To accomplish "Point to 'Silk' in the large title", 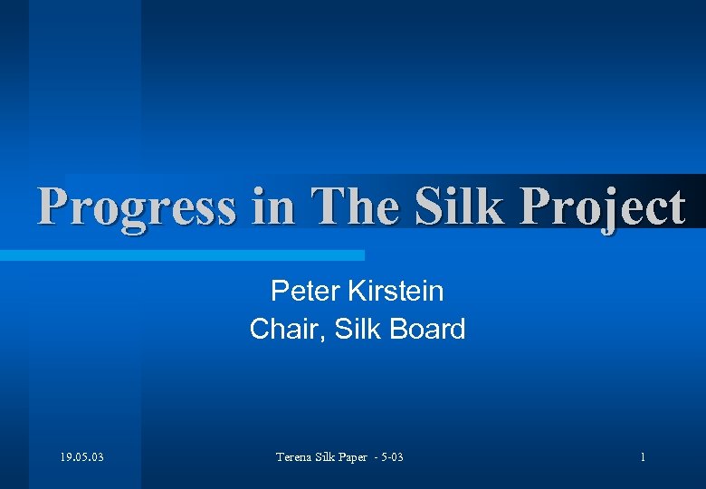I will [x=460, y=207].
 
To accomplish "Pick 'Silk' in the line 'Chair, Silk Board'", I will [x=358, y=329].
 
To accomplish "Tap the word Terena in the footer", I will [x=295, y=457].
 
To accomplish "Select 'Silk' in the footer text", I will [x=330, y=457].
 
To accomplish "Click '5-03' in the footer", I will [x=392, y=457].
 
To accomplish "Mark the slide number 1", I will [x=643, y=457].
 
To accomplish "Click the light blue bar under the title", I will [x=181, y=256].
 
